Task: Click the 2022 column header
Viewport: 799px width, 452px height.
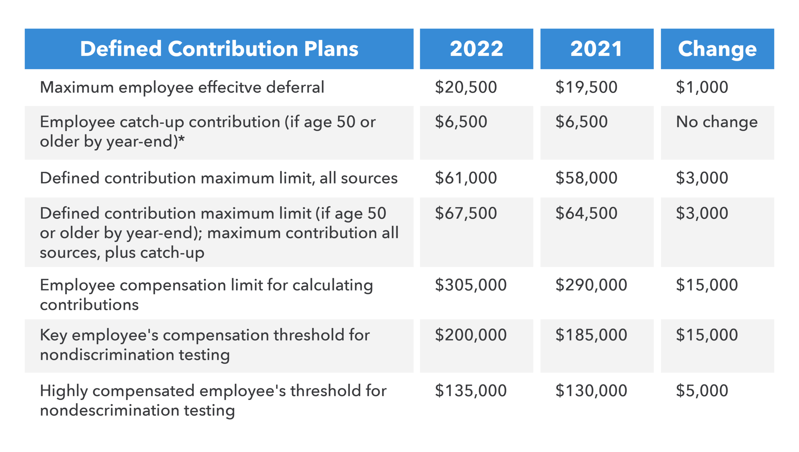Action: (x=476, y=49)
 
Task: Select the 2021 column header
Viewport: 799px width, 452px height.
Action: (x=596, y=49)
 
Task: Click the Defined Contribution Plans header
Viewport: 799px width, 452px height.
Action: (x=219, y=49)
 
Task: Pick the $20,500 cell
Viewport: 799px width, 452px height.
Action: (x=466, y=87)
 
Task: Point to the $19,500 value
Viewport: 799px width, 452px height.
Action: (x=586, y=87)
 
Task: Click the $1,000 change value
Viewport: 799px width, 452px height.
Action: (x=702, y=87)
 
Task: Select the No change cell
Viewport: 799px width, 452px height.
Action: (x=717, y=122)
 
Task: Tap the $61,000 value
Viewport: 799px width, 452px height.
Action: (x=466, y=178)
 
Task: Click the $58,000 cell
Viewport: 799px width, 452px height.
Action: (x=586, y=178)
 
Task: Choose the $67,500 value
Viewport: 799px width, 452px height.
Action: (x=466, y=213)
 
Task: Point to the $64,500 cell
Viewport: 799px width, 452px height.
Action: (x=586, y=213)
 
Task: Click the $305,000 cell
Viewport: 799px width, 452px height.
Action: (x=471, y=285)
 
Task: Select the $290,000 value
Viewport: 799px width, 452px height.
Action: (x=591, y=285)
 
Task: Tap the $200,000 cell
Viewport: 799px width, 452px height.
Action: (x=471, y=335)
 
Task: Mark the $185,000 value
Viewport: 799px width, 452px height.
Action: (x=591, y=335)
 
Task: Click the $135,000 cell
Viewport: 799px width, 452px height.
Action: (x=471, y=391)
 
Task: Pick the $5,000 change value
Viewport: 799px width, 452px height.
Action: (x=702, y=391)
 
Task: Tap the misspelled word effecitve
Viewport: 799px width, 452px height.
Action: (x=230, y=87)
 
